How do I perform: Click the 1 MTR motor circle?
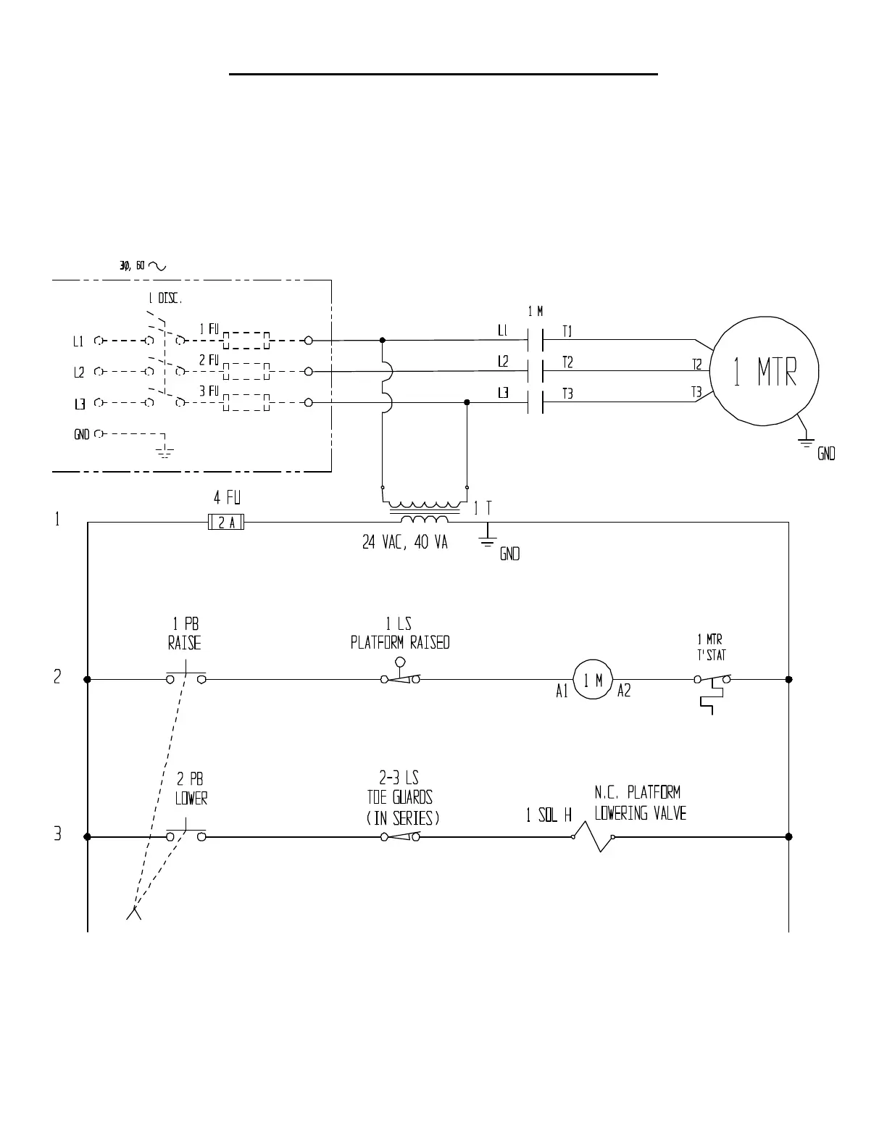coord(764,371)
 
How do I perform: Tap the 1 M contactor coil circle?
coord(593,679)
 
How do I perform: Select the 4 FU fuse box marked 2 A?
coord(226,522)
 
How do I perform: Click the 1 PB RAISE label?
coord(184,633)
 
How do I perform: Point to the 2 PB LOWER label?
coord(191,789)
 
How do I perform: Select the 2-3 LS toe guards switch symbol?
coord(401,836)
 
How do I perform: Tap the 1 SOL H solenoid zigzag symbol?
coord(593,836)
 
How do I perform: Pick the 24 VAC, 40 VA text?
coord(404,542)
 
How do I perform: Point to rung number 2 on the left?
coord(57,677)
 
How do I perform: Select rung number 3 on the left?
coord(57,833)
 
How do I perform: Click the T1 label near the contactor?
coord(567,331)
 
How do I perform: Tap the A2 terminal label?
coord(624,691)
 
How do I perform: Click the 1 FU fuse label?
coord(209,328)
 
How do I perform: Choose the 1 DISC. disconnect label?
coord(165,299)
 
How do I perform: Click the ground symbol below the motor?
coord(806,443)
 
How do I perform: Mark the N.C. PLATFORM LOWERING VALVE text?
coord(641,802)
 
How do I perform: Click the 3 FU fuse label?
coord(209,391)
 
